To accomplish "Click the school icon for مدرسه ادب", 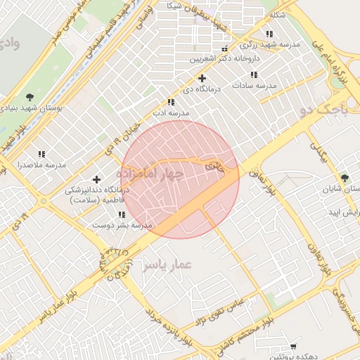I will pyautogui.click(x=171, y=102).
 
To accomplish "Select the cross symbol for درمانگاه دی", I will pyautogui.click(x=202, y=78).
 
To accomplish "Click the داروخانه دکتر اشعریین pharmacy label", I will pyautogui.click(x=225, y=59).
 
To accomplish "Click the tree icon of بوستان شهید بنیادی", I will pyautogui.click(x=29, y=96).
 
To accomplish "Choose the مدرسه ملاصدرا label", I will pyautogui.click(x=41, y=165).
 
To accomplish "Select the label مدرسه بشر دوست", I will pyautogui.click(x=122, y=225).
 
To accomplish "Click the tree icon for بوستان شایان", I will pyautogui.click(x=344, y=178).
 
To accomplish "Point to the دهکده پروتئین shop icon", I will pyautogui.click(x=293, y=347).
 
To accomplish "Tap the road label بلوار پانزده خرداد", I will pyautogui.click(x=169, y=326).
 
